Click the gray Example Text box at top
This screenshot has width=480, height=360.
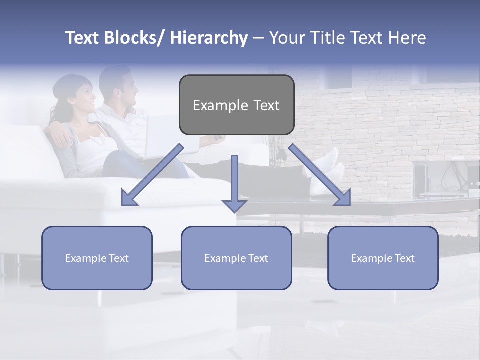tap(236, 105)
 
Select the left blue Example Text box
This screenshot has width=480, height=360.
tap(97, 258)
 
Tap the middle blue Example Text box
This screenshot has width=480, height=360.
tap(236, 258)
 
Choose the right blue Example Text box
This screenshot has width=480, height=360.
tap(383, 258)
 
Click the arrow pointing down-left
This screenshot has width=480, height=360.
tap(152, 175)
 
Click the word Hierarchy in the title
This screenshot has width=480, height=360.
tap(209, 38)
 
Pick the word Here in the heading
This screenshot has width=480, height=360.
tap(407, 38)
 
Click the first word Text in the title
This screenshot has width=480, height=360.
tap(82, 38)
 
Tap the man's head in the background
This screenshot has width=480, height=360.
tap(120, 85)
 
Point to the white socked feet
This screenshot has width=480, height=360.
tap(325, 167)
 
